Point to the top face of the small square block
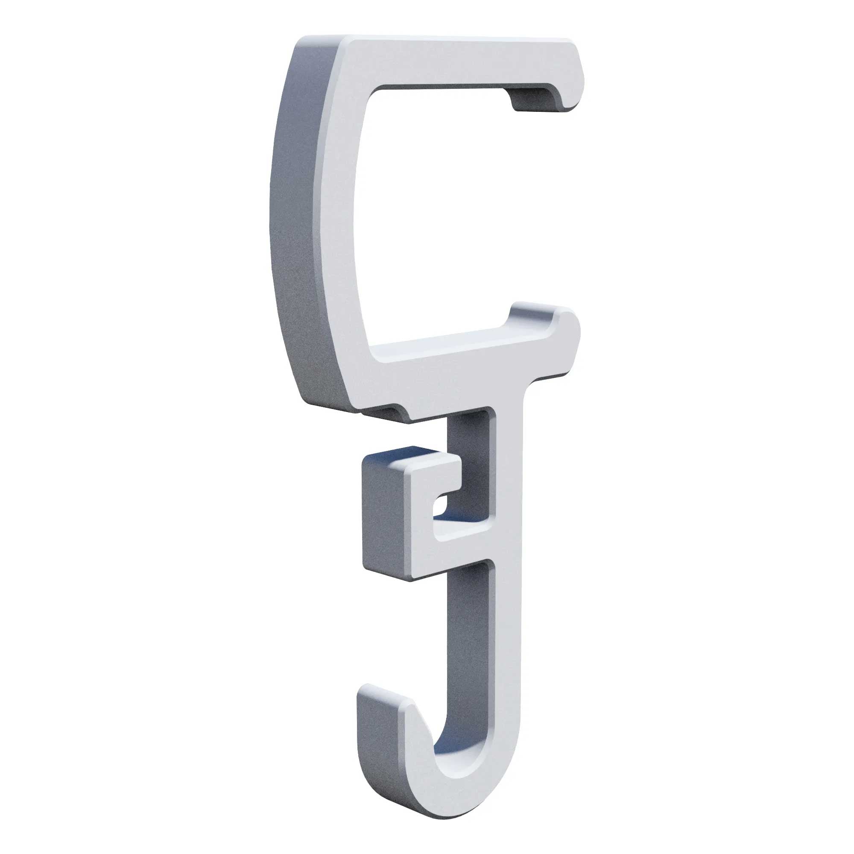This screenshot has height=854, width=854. tap(407, 455)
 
